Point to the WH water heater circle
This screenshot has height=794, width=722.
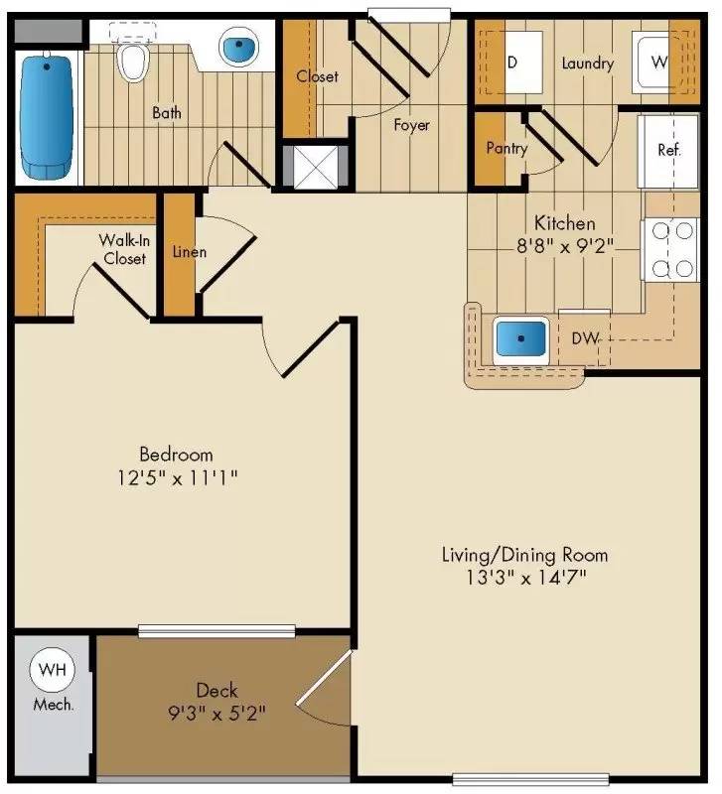pos(49,670)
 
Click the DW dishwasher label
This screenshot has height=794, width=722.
pos(585,338)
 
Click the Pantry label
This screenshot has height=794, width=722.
pos(506,149)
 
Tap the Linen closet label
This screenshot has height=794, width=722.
pos(190,252)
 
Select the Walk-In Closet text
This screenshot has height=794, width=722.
pos(123,249)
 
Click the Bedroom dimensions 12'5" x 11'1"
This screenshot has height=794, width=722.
pos(177,478)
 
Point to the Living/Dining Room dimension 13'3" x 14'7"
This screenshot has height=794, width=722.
pos(524,578)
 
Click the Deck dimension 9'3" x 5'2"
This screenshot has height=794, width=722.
pos(217,713)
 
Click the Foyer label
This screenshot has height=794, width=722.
pos(411,125)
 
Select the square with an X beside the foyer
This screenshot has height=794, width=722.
pos(314,166)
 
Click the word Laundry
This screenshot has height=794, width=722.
pos(587,64)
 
